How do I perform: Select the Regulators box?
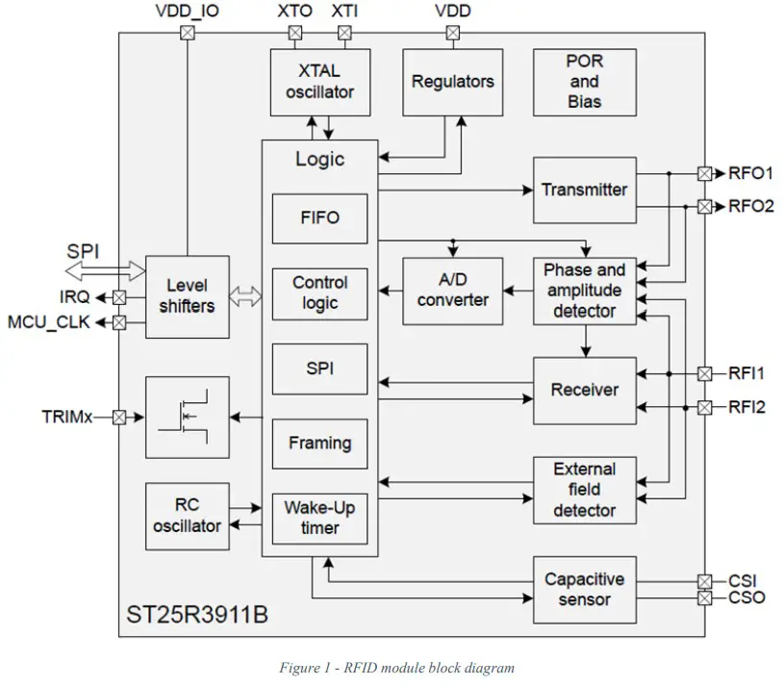point(452,82)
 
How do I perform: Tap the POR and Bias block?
point(584,82)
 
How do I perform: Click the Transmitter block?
point(584,190)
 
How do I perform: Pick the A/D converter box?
point(452,291)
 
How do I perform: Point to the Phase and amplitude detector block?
point(584,291)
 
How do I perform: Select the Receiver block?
point(584,391)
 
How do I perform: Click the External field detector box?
point(584,490)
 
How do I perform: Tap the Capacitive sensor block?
point(584,589)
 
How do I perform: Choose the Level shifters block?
point(187,296)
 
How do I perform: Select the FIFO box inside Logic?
point(319,217)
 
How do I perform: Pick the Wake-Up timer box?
point(319,518)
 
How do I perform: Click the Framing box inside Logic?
point(319,444)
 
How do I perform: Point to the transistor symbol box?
point(187,418)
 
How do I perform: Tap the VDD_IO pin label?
point(187,12)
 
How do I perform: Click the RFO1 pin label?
point(750,174)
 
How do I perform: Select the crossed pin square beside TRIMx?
point(119,418)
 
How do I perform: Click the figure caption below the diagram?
point(396,668)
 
